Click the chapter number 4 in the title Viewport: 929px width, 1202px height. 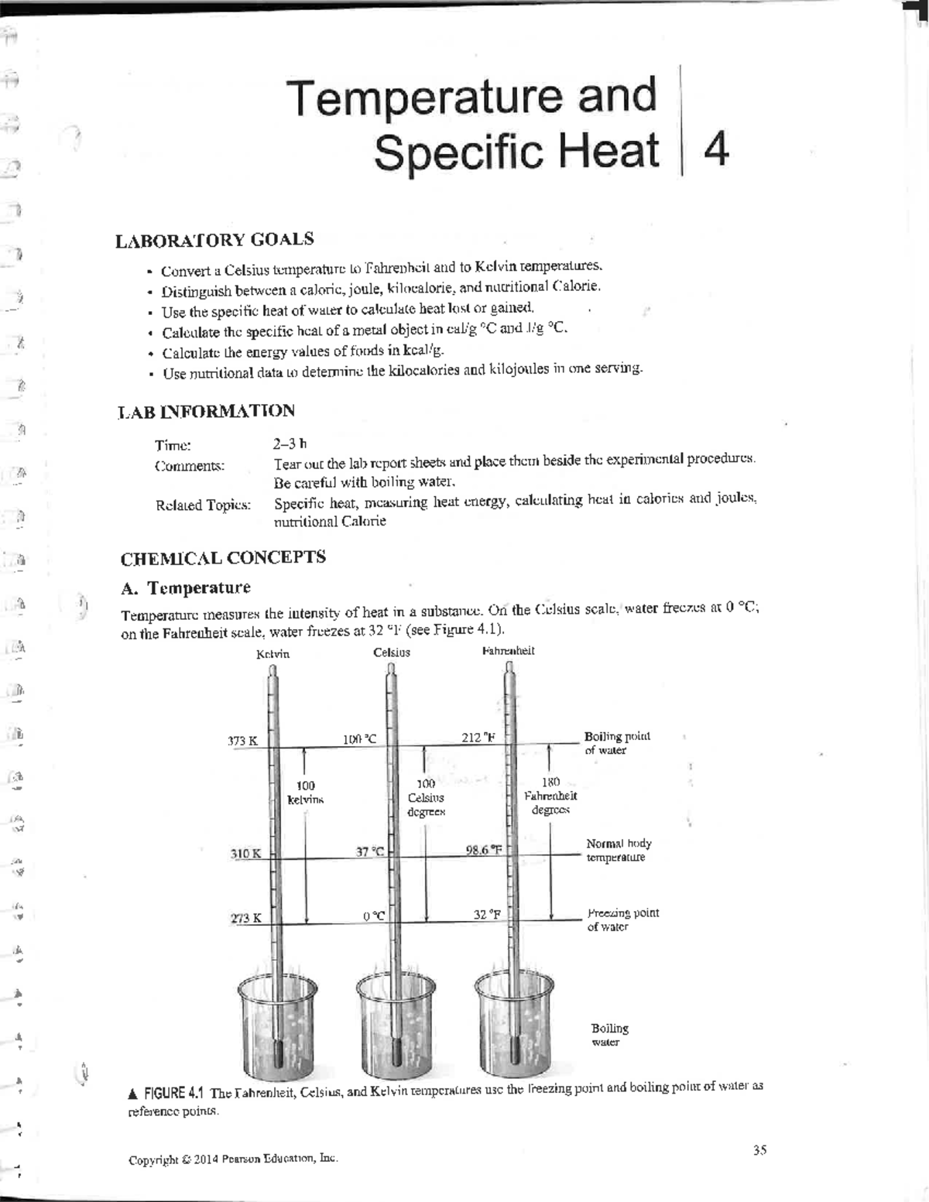[x=718, y=150]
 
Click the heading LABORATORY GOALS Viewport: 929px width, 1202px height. [x=214, y=240]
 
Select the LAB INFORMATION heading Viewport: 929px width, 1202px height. [x=206, y=411]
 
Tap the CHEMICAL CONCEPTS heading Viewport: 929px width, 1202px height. [x=223, y=558]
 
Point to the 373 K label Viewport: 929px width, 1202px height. [x=242, y=741]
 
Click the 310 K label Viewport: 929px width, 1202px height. [x=245, y=854]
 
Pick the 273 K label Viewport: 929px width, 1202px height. [x=245, y=919]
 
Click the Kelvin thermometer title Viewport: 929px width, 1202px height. [x=273, y=654]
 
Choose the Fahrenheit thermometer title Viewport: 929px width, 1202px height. [x=508, y=651]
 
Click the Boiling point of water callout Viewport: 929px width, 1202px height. [x=616, y=743]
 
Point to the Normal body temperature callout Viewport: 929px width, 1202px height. [x=618, y=850]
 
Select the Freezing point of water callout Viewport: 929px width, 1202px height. [x=622, y=919]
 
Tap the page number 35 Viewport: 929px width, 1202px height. [x=759, y=1150]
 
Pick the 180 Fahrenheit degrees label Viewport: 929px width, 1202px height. [x=550, y=796]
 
